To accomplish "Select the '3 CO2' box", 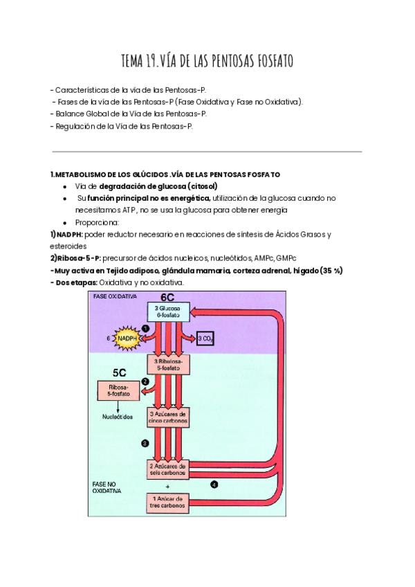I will coord(206,338).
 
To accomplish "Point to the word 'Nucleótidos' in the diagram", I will coord(119,417).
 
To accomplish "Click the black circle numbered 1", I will coord(145,328).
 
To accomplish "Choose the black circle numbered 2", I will coord(145,381).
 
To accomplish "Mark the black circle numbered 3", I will coord(145,442).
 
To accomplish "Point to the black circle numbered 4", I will coord(214,485).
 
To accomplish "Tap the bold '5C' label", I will coord(118,372).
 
